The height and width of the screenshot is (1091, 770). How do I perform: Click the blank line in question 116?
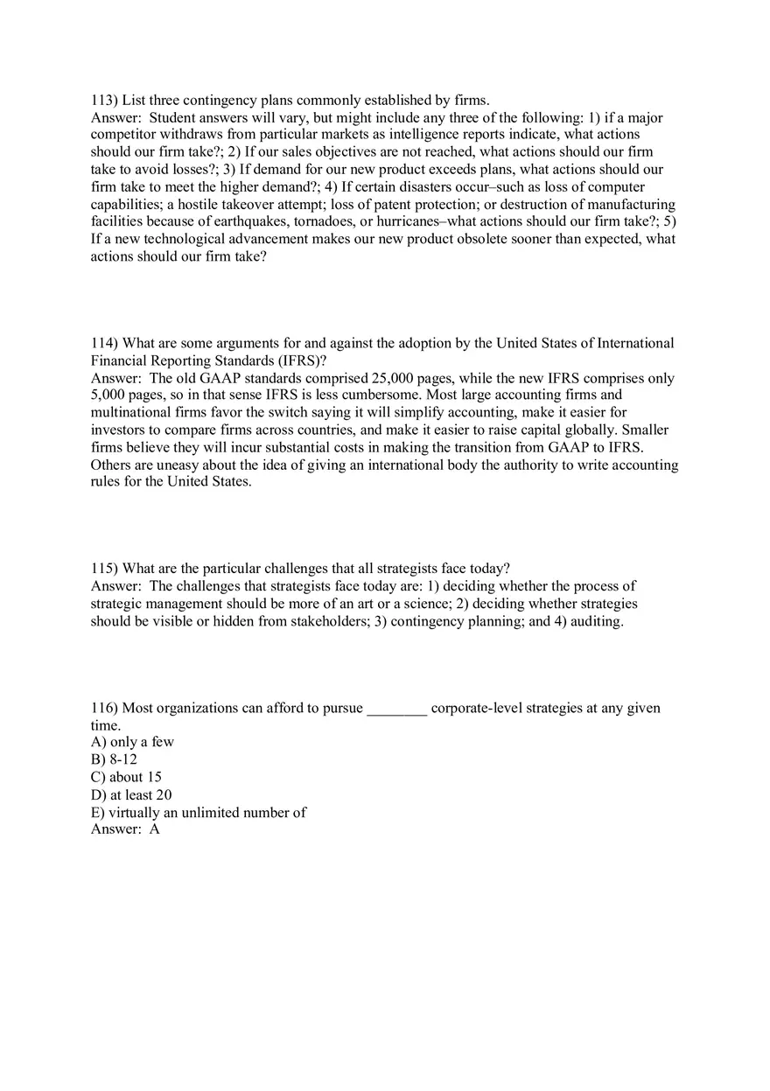pyautogui.click(x=396, y=708)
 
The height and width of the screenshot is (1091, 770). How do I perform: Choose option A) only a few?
pyautogui.click(x=132, y=742)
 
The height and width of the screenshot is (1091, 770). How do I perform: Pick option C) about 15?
pyautogui.click(x=126, y=777)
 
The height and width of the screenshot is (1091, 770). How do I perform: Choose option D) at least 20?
pyautogui.click(x=131, y=794)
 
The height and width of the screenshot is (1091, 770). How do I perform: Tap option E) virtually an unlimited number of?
pyautogui.click(x=199, y=813)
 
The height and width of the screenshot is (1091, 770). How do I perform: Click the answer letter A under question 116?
pyautogui.click(x=154, y=829)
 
